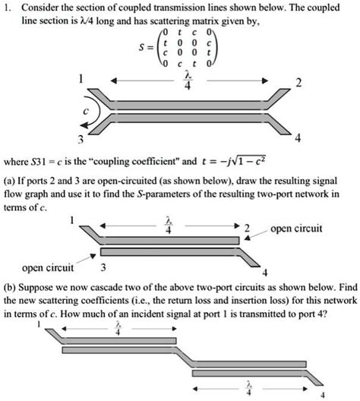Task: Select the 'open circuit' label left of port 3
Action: (48, 267)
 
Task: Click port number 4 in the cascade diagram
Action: (324, 393)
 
